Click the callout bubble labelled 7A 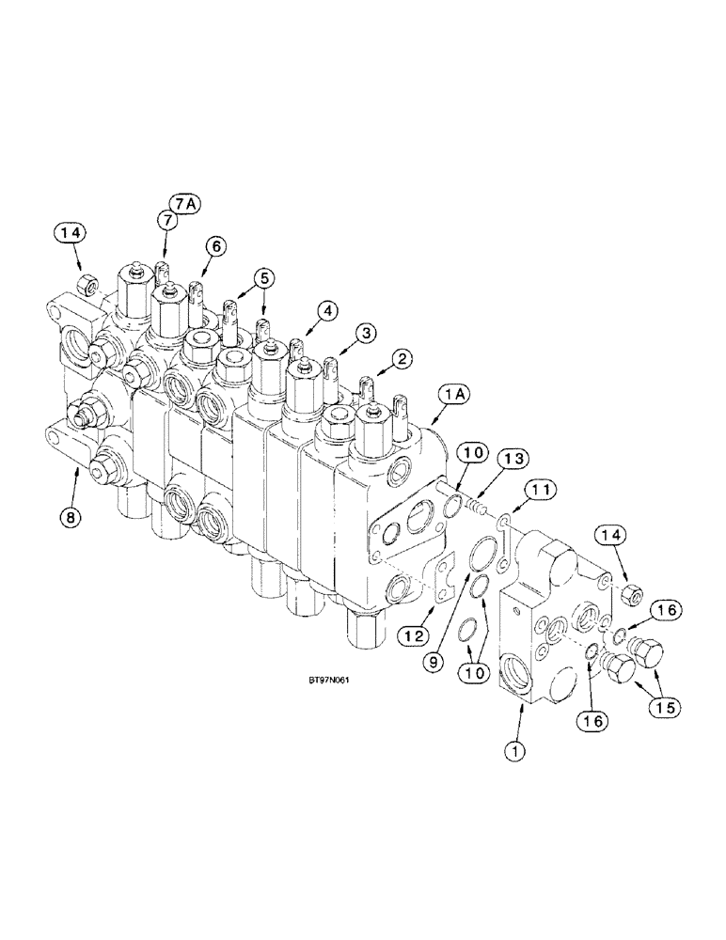click(182, 203)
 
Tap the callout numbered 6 click(214, 246)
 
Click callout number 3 click(365, 332)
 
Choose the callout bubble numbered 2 click(402, 358)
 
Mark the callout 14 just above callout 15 click(608, 537)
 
